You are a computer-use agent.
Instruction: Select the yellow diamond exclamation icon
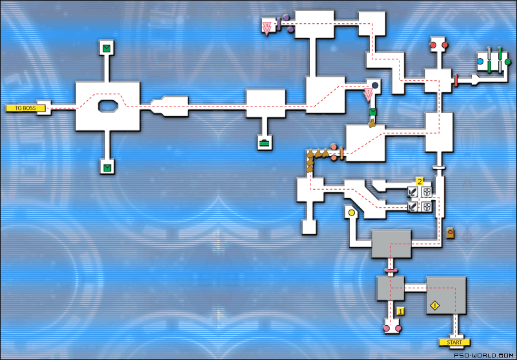[x=435, y=305]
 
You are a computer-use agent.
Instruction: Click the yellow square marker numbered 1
[x=400, y=311]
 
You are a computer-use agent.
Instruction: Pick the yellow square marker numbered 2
[x=419, y=182]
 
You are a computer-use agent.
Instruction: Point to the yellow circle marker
[x=352, y=212]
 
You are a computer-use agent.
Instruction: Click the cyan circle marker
[x=481, y=62]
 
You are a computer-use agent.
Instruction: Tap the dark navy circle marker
[x=374, y=85]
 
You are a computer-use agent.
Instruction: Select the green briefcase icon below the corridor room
[x=264, y=143]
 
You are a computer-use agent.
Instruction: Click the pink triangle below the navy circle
[x=369, y=96]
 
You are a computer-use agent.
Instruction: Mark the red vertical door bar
[x=456, y=81]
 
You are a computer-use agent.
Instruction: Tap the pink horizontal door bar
[x=390, y=269]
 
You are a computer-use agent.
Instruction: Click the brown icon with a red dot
[x=450, y=232]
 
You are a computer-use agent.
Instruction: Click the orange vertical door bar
[x=341, y=154]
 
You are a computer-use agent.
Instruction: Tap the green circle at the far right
[x=508, y=62]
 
